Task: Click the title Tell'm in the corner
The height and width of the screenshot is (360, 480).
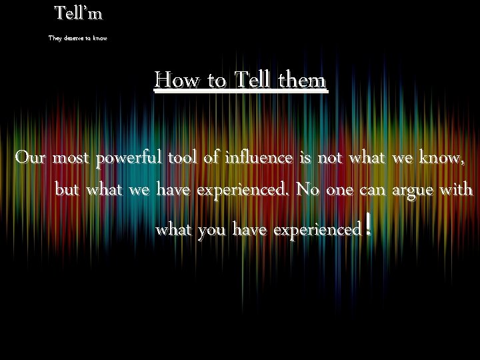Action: tap(79, 13)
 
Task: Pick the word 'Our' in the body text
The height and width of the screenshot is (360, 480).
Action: tap(31, 159)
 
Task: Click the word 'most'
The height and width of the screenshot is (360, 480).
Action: tap(72, 159)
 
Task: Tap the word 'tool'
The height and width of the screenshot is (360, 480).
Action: tap(182, 159)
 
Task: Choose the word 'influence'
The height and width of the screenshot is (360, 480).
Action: tap(257, 159)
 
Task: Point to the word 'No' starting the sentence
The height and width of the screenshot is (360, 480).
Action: tap(307, 190)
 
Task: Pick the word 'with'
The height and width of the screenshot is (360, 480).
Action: tap(457, 190)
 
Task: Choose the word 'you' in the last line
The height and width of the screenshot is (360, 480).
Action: tap(211, 231)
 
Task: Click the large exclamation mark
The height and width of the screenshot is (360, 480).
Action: tap(368, 225)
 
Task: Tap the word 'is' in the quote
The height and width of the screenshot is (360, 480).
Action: tap(305, 159)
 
